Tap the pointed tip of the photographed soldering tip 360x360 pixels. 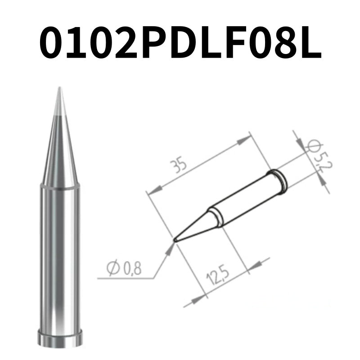click(x=60, y=90)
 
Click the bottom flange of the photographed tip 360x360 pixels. click(x=60, y=338)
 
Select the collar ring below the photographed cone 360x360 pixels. click(x=60, y=186)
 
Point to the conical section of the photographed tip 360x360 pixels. click(x=60, y=148)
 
